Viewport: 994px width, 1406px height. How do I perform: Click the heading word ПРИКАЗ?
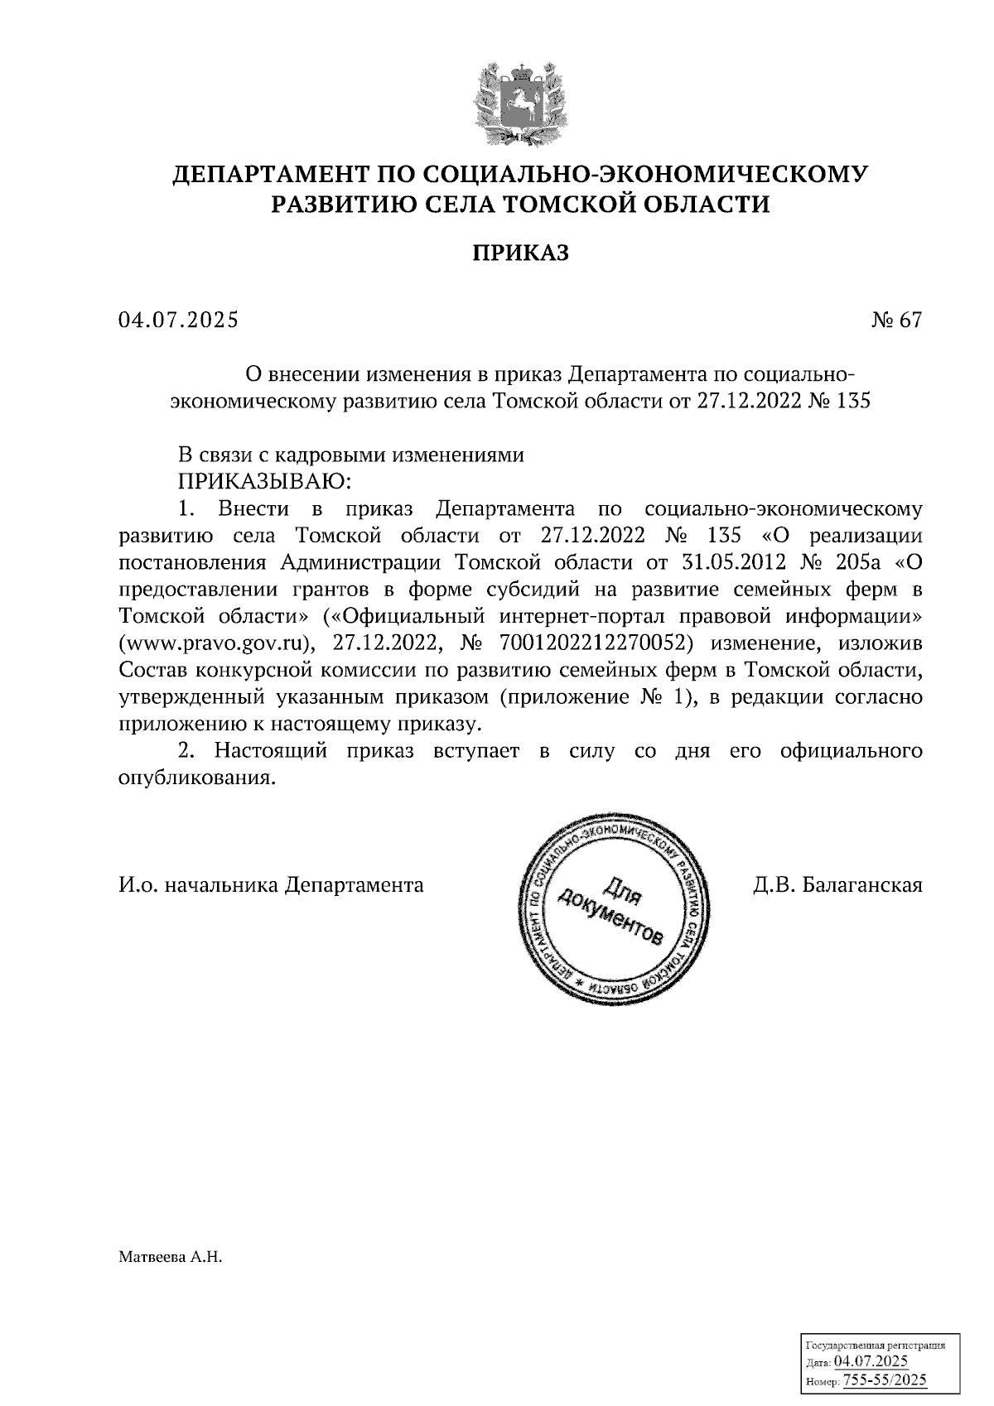tap(520, 253)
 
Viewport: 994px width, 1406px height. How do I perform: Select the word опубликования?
tap(195, 778)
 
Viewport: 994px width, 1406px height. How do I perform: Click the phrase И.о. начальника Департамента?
tap(271, 885)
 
